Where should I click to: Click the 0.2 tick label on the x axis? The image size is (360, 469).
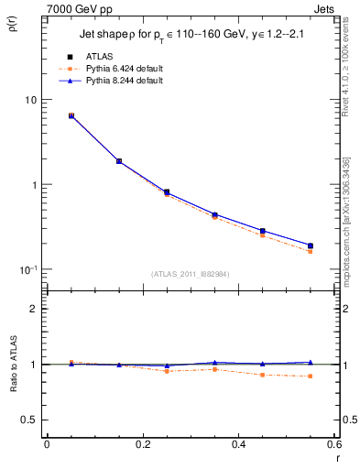point(142,444)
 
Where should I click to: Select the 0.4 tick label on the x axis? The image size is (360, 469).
point(238,444)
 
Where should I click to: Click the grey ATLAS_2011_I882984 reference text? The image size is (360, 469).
point(191,274)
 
